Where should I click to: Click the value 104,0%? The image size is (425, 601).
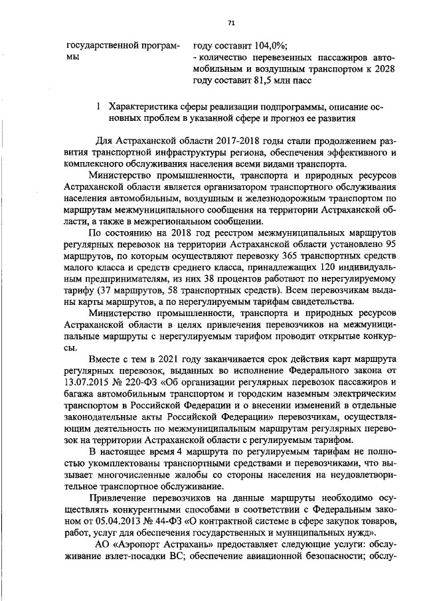pyautogui.click(x=271, y=46)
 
